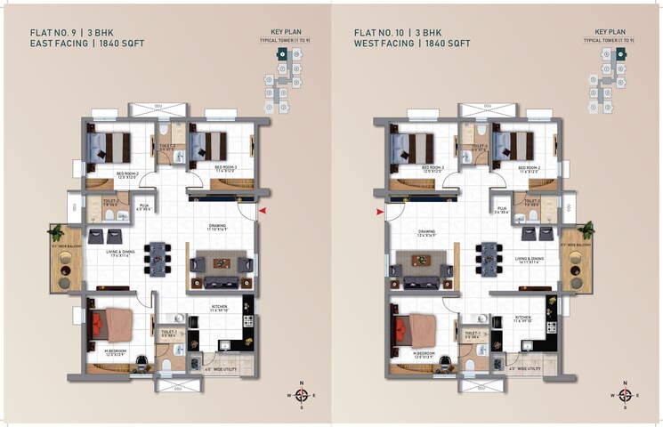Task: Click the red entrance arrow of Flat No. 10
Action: point(381,212)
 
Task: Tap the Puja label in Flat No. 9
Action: point(142,207)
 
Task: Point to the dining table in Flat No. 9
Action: point(158,258)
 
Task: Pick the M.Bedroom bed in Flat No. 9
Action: point(111,324)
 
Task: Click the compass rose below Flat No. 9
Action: point(301,394)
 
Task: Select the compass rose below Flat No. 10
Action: point(625,394)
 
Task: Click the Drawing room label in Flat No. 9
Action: point(217,227)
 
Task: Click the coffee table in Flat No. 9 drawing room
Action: point(219,263)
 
